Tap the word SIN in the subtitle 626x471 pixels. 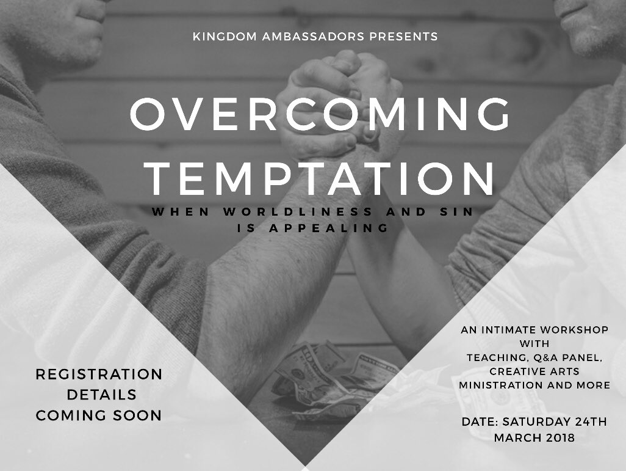pos(458,213)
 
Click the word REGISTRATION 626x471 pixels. pos(99,374)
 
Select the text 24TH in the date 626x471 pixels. pos(591,422)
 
